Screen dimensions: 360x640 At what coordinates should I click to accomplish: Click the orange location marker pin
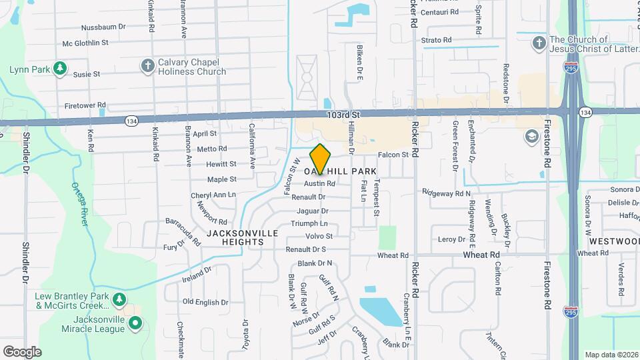click(x=321, y=159)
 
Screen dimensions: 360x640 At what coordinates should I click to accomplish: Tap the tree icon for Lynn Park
click(x=60, y=68)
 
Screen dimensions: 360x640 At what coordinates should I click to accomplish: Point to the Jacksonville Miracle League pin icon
click(x=135, y=324)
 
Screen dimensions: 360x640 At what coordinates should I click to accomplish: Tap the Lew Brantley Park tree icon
click(x=119, y=299)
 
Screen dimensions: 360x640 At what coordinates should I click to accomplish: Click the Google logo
click(x=22, y=351)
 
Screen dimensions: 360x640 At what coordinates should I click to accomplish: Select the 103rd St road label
click(x=343, y=115)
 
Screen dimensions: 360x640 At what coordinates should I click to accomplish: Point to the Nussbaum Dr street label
click(x=103, y=27)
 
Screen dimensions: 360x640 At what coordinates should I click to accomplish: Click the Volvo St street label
click(x=319, y=236)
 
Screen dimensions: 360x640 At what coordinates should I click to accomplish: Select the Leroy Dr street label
click(x=451, y=239)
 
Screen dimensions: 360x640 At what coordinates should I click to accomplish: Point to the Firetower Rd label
click(x=86, y=105)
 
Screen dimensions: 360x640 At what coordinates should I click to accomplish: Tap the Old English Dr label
click(x=205, y=302)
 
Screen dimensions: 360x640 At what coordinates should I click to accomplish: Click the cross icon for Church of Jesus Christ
click(x=539, y=43)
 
